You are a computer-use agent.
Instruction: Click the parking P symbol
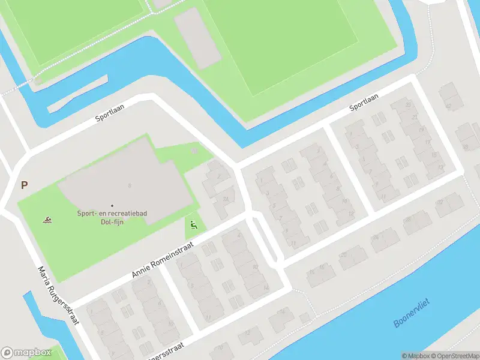click(x=24, y=185)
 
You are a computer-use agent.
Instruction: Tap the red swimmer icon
click(x=47, y=220)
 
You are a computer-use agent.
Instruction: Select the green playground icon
click(x=193, y=226)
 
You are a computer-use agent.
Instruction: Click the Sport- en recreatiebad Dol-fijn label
click(x=112, y=217)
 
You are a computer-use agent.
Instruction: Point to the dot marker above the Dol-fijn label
click(x=112, y=206)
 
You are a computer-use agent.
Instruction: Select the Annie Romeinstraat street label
click(x=163, y=260)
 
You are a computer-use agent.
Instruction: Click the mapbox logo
click(x=26, y=353)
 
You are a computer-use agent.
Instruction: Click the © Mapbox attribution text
click(x=415, y=356)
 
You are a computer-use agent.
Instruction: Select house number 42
click(x=448, y=106)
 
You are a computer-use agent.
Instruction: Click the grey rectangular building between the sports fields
click(x=198, y=37)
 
